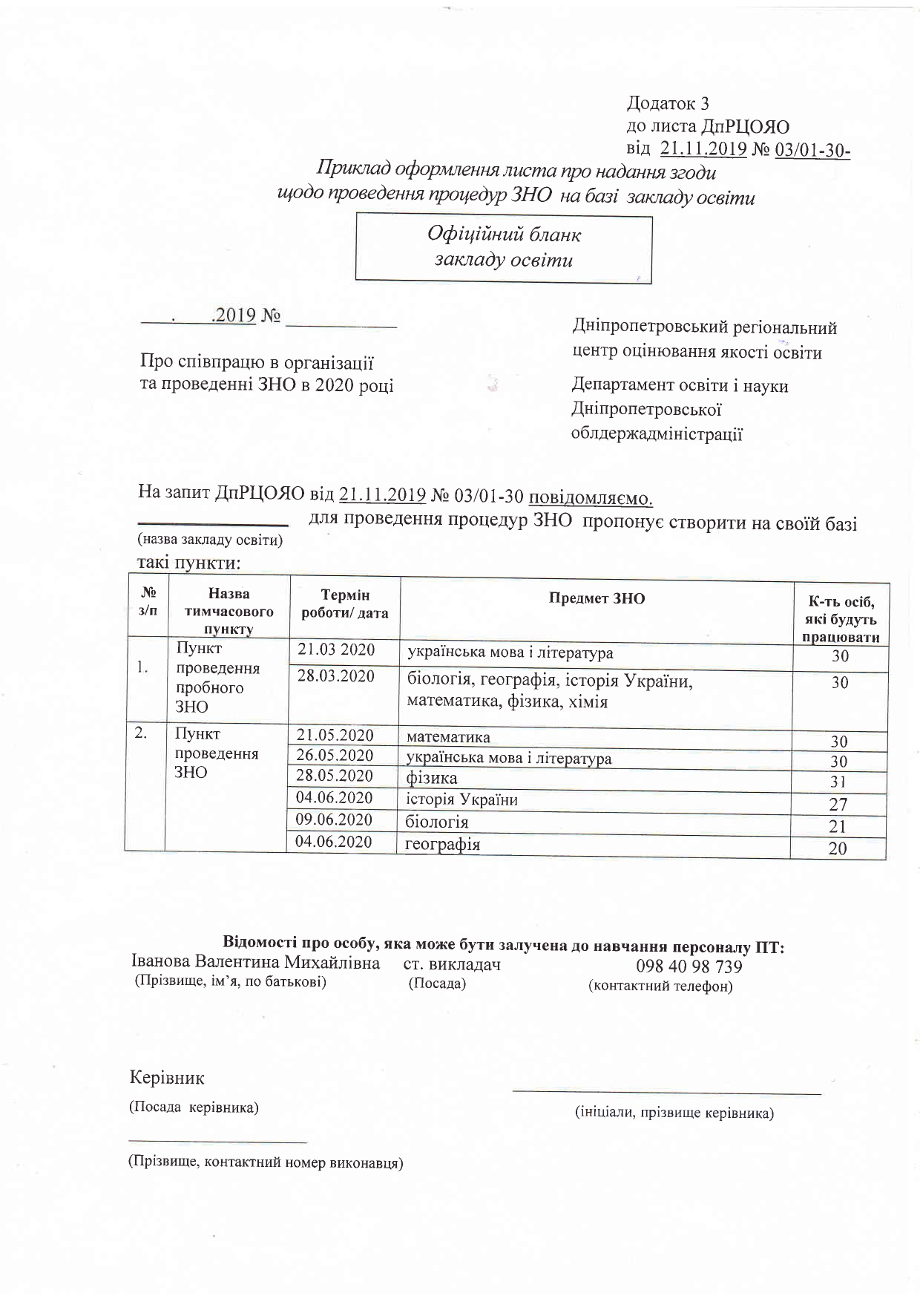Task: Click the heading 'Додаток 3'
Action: pyautogui.click(x=668, y=103)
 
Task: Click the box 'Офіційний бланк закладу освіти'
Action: pyautogui.click(x=503, y=247)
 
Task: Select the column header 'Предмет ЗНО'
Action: pyautogui.click(x=597, y=599)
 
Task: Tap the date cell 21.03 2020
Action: pyautogui.click(x=336, y=650)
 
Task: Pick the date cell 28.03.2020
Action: pyautogui.click(x=336, y=676)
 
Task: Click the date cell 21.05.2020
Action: pyautogui.click(x=335, y=736)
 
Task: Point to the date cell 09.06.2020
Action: pyautogui.click(x=334, y=820)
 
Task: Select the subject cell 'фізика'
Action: pyautogui.click(x=432, y=778)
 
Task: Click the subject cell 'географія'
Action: pyautogui.click(x=443, y=844)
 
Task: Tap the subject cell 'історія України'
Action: pyautogui.click(x=461, y=799)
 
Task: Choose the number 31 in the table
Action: pyautogui.click(x=838, y=782)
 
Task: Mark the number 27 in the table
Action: pyautogui.click(x=838, y=804)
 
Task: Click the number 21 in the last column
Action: pyautogui.click(x=838, y=826)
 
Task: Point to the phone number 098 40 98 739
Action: pyautogui.click(x=689, y=966)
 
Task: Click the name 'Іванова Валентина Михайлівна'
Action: pyautogui.click(x=255, y=963)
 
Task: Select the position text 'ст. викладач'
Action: pyautogui.click(x=452, y=964)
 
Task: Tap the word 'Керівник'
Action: pyautogui.click(x=167, y=1077)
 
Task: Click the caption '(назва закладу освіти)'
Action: pyautogui.click(x=210, y=540)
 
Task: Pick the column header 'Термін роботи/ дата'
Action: pyautogui.click(x=344, y=604)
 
